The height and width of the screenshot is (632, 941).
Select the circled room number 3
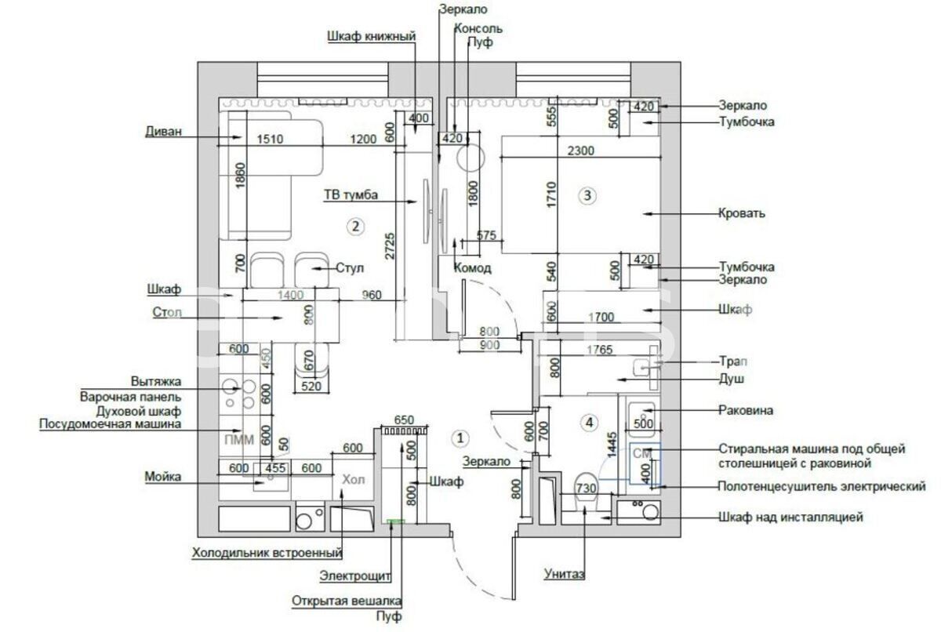pos(587,195)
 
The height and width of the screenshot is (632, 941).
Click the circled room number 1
pos(462,437)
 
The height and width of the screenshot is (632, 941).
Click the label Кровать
pos(741,213)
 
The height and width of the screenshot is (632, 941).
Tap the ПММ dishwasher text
pos(238,439)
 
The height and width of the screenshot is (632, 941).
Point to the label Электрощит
pos(354,577)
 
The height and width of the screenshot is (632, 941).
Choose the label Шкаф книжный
pos(369,36)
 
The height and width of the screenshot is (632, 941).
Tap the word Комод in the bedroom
pos(473,268)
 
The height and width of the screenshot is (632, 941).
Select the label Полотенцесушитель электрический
pos(822,487)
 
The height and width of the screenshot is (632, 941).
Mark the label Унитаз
pos(565,574)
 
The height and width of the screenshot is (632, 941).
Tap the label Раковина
pos(747,410)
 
